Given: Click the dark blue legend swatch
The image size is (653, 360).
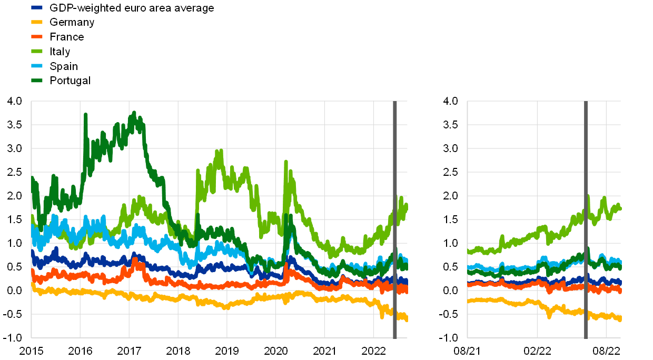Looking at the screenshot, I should pos(37,7).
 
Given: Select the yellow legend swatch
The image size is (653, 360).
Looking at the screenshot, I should pos(37,22).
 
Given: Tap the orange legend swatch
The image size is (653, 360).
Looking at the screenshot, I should pos(37,36).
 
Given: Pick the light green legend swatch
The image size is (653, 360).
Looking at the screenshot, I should pos(37,51).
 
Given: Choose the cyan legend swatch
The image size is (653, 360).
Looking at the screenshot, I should pos(37,66).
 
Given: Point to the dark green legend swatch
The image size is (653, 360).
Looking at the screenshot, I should pos(37,81).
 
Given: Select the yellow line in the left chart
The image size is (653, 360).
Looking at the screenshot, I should pos(158,297).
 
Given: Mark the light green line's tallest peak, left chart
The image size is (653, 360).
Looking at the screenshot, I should pos(219,151).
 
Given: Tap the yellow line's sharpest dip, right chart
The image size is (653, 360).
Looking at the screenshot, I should pos(549,316).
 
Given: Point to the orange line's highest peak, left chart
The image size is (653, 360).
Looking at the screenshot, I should pos(135,259).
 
